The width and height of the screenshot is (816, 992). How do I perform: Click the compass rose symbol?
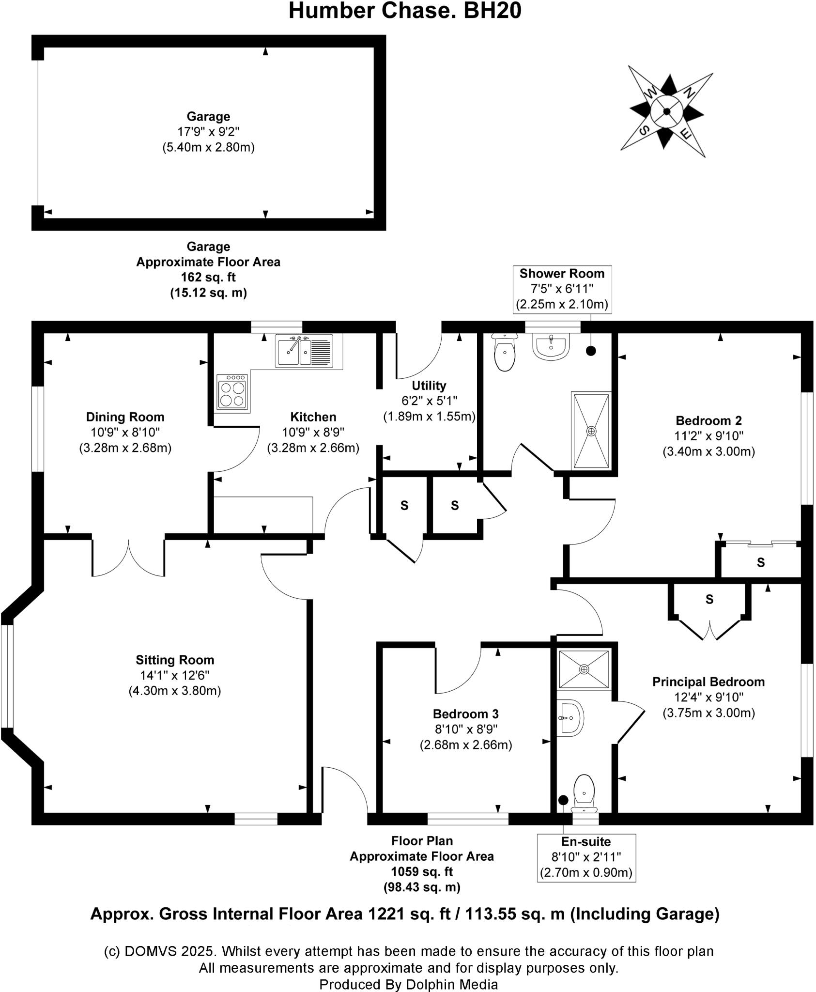pos(667,112)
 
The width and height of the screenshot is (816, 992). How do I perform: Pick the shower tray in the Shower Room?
pos(591,431)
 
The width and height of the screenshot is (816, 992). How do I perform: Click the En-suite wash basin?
pos(570,717)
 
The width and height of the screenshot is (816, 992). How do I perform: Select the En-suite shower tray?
pos(584,669)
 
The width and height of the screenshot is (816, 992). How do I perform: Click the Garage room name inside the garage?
pos(208,117)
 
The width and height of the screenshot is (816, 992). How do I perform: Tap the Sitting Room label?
pos(175,660)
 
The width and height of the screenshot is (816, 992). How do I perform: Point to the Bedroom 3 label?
pos(465,714)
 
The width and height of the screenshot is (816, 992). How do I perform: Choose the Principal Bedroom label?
pos(708,682)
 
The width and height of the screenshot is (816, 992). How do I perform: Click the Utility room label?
pos(429,386)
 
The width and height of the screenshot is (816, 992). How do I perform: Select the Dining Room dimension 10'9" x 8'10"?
pos(125,432)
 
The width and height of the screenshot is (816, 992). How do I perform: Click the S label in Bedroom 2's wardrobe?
pos(761,562)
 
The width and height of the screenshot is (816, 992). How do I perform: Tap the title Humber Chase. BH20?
pos(405,11)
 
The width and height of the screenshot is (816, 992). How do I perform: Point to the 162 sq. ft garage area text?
pos(208,278)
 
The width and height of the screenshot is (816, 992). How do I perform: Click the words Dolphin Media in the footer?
pos(452,984)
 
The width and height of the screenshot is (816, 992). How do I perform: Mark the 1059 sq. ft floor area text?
pos(422,871)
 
